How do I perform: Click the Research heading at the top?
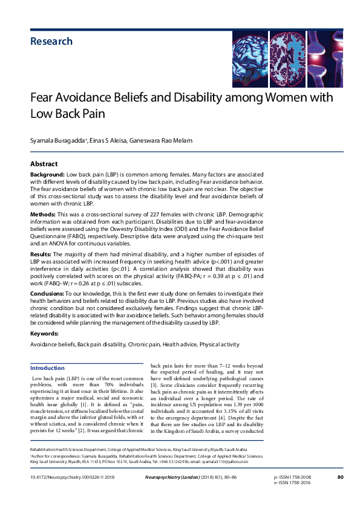pyautogui.click(x=51, y=42)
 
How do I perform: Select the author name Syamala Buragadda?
pyautogui.click(x=57, y=140)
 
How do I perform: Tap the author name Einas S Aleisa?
pyautogui.click(x=110, y=140)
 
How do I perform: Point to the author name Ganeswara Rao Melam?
pyautogui.click(x=163, y=140)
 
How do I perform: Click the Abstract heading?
pyautogui.click(x=44, y=164)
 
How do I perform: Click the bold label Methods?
pyautogui.click(x=44, y=215)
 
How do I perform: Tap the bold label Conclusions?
pyautogui.click(x=48, y=293)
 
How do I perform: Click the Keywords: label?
pyautogui.click(x=44, y=334)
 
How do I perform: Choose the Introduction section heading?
pyautogui.click(x=48, y=368)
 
